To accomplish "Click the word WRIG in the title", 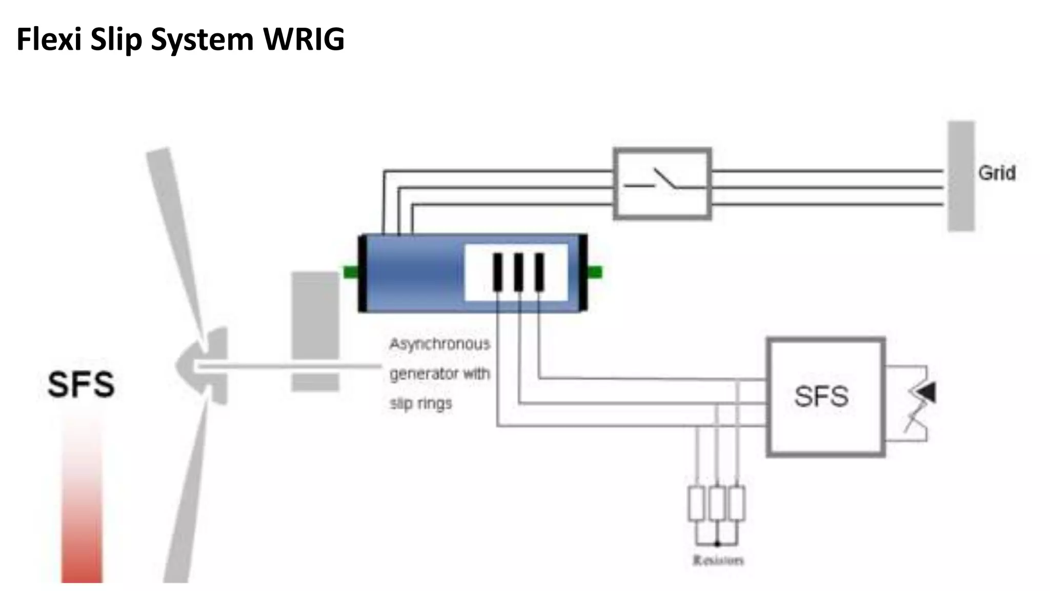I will click(x=304, y=40).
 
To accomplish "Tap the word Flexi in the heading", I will click(x=49, y=40).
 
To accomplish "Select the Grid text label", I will click(x=997, y=173).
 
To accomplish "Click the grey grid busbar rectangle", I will click(x=961, y=176).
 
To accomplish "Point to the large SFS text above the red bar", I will click(x=81, y=384).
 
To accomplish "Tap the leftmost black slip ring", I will click(x=498, y=272).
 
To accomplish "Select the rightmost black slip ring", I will click(x=539, y=272).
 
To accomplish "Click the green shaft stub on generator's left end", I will click(x=351, y=272).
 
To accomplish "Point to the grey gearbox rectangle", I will click(x=315, y=331).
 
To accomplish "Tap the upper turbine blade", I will click(x=177, y=236).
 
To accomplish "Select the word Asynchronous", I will click(x=440, y=344).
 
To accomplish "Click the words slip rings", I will click(x=421, y=403).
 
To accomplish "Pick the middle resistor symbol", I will click(x=717, y=504).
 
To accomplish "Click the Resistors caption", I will click(x=718, y=560).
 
